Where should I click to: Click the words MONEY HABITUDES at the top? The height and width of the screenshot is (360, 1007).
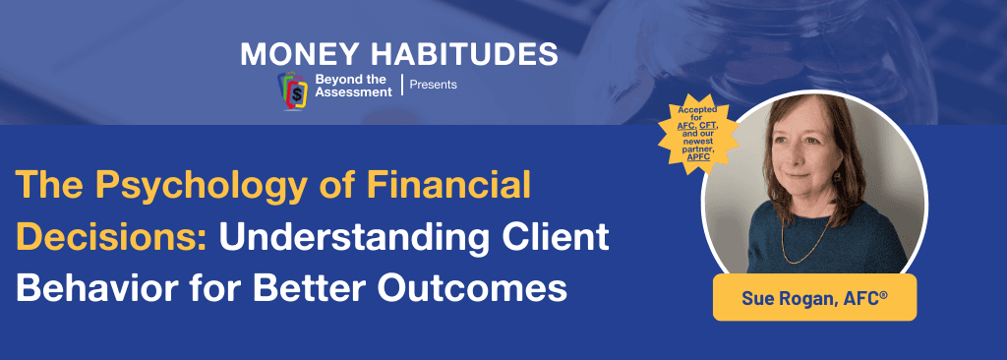[x=398, y=52]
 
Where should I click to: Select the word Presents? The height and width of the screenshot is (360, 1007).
[x=433, y=85]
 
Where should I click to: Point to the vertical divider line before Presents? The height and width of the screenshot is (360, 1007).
[x=401, y=85]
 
